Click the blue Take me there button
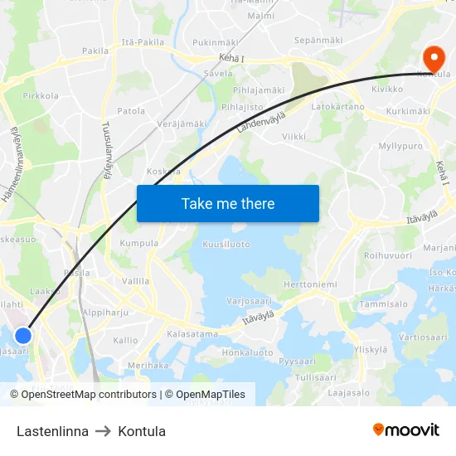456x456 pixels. (x=227, y=203)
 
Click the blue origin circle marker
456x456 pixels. (x=23, y=335)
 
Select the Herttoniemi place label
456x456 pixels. (x=310, y=284)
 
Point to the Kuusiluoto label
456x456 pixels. (x=226, y=244)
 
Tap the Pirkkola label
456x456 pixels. (x=41, y=95)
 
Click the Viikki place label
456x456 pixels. (x=293, y=136)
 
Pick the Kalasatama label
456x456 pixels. (x=192, y=334)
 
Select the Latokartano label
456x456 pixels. (x=337, y=107)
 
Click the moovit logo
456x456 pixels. (x=405, y=429)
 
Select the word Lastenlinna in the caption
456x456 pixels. (x=52, y=431)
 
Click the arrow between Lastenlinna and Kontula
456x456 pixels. (x=103, y=431)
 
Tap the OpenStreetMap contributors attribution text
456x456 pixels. (x=83, y=395)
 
